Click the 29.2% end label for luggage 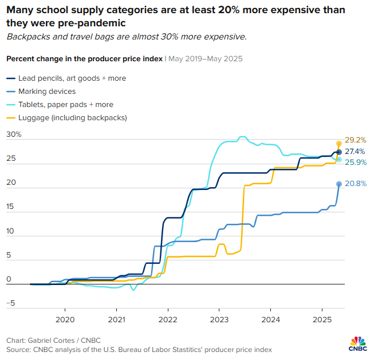click(355, 140)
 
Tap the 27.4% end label click(355, 152)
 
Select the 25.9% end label click(355, 163)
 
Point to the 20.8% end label click(355, 184)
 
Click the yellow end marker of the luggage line click(339, 143)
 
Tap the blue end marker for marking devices click(339, 184)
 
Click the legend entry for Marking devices click(47, 92)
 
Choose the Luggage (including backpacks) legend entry click(72, 118)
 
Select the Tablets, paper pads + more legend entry click(65, 105)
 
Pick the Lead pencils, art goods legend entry click(72, 78)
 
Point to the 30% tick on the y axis click(14, 134)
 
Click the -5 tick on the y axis click(10, 303)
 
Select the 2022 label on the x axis click(167, 319)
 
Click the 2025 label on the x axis click(322, 319)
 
